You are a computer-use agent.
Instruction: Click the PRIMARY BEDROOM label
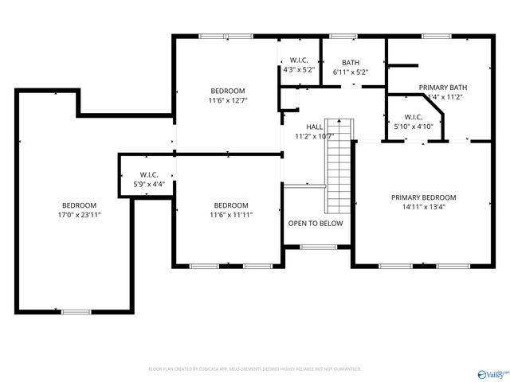[x=423, y=197]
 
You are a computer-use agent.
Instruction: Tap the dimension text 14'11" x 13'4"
[x=423, y=207]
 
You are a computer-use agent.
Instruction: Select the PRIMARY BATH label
[x=443, y=88]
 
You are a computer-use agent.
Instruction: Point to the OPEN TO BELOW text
[x=316, y=224]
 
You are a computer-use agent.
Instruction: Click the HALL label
[x=315, y=127]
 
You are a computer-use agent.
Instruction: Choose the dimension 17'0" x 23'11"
[x=80, y=215]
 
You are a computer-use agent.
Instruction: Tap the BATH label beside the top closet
[x=351, y=62]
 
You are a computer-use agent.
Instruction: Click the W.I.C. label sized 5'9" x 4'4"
[x=149, y=175]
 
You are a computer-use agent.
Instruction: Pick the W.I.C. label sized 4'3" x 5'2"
[x=300, y=60]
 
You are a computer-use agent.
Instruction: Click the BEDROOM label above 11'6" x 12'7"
[x=228, y=91]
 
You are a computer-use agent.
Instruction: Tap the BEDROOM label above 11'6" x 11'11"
[x=231, y=205]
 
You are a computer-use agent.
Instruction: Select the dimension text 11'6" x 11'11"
[x=231, y=215]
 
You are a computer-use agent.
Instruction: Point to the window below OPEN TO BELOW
[x=316, y=247]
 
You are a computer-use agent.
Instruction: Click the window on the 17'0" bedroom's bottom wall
[x=76, y=311]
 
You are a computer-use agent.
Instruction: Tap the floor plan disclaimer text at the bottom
[x=255, y=369]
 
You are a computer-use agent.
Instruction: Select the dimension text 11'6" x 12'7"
[x=228, y=100]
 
